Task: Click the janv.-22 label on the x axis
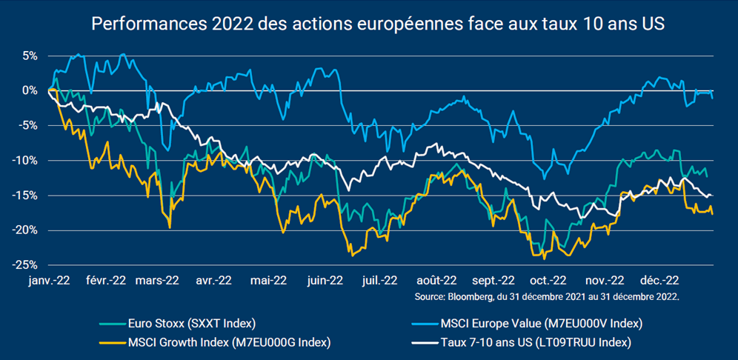click(x=50, y=281)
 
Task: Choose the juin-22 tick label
click(x=325, y=281)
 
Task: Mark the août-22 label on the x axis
click(x=436, y=281)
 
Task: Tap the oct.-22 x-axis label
click(x=548, y=281)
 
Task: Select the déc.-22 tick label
click(x=659, y=281)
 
